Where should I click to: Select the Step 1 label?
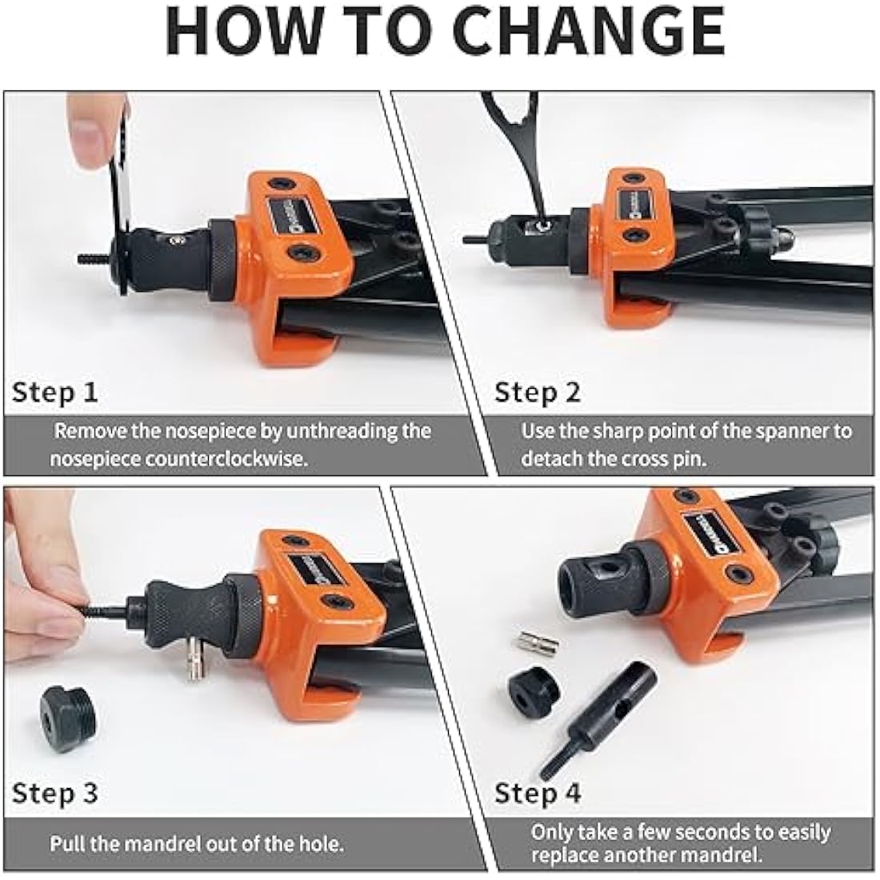click(54, 392)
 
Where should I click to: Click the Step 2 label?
click(538, 392)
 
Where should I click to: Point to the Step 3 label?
click(54, 793)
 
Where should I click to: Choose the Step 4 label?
click(538, 793)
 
